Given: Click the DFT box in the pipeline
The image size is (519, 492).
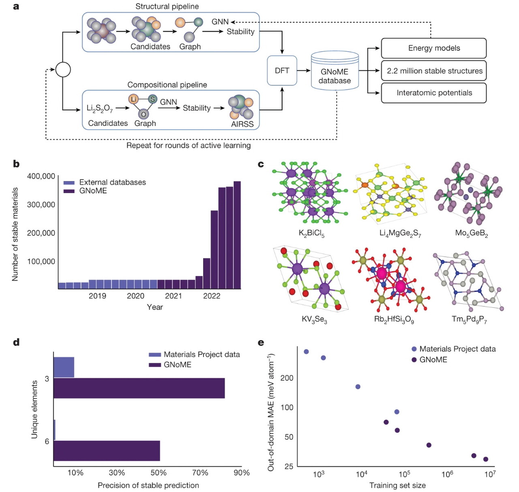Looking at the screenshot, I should click(282, 71).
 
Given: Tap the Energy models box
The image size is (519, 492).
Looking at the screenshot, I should click(433, 48).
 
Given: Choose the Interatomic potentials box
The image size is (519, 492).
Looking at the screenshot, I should click(433, 93).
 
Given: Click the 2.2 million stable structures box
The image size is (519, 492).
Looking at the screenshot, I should click(433, 71).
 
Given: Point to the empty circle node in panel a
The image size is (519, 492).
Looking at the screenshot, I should click(63, 69).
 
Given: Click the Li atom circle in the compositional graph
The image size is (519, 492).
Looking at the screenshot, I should click(133, 99).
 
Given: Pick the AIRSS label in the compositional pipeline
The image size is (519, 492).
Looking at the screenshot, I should click(242, 124).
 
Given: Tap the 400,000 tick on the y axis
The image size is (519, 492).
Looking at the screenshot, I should click(41, 176).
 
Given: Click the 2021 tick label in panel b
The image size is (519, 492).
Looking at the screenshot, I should click(173, 296).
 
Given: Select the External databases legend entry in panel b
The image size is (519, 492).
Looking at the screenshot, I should click(112, 182).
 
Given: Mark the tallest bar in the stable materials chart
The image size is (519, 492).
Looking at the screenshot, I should click(237, 235).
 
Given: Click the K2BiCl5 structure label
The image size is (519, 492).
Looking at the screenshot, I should click(311, 233).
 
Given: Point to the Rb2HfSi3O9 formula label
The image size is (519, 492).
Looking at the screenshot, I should click(394, 319).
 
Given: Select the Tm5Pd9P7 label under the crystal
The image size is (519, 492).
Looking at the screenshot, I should click(469, 319).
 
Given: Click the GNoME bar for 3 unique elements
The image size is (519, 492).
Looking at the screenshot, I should click(139, 388).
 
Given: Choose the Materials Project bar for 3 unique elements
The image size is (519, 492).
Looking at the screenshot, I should click(64, 367).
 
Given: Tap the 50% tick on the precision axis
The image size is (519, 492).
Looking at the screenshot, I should click(159, 473).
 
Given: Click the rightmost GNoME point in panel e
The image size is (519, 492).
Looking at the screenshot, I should click(485, 459).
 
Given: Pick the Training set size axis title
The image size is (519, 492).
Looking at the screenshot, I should click(397, 485).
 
